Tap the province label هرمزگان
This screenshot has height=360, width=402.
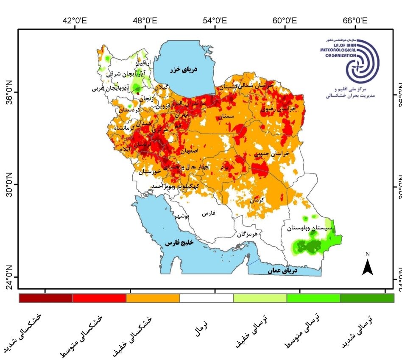[x=247, y=234]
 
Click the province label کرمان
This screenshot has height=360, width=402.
[x=257, y=200]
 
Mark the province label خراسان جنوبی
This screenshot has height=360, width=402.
[x=272, y=154]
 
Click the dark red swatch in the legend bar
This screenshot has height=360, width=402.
[x=46, y=298]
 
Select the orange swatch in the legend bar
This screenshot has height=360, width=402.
[x=153, y=298]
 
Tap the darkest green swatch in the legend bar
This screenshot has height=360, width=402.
[x=367, y=298]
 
